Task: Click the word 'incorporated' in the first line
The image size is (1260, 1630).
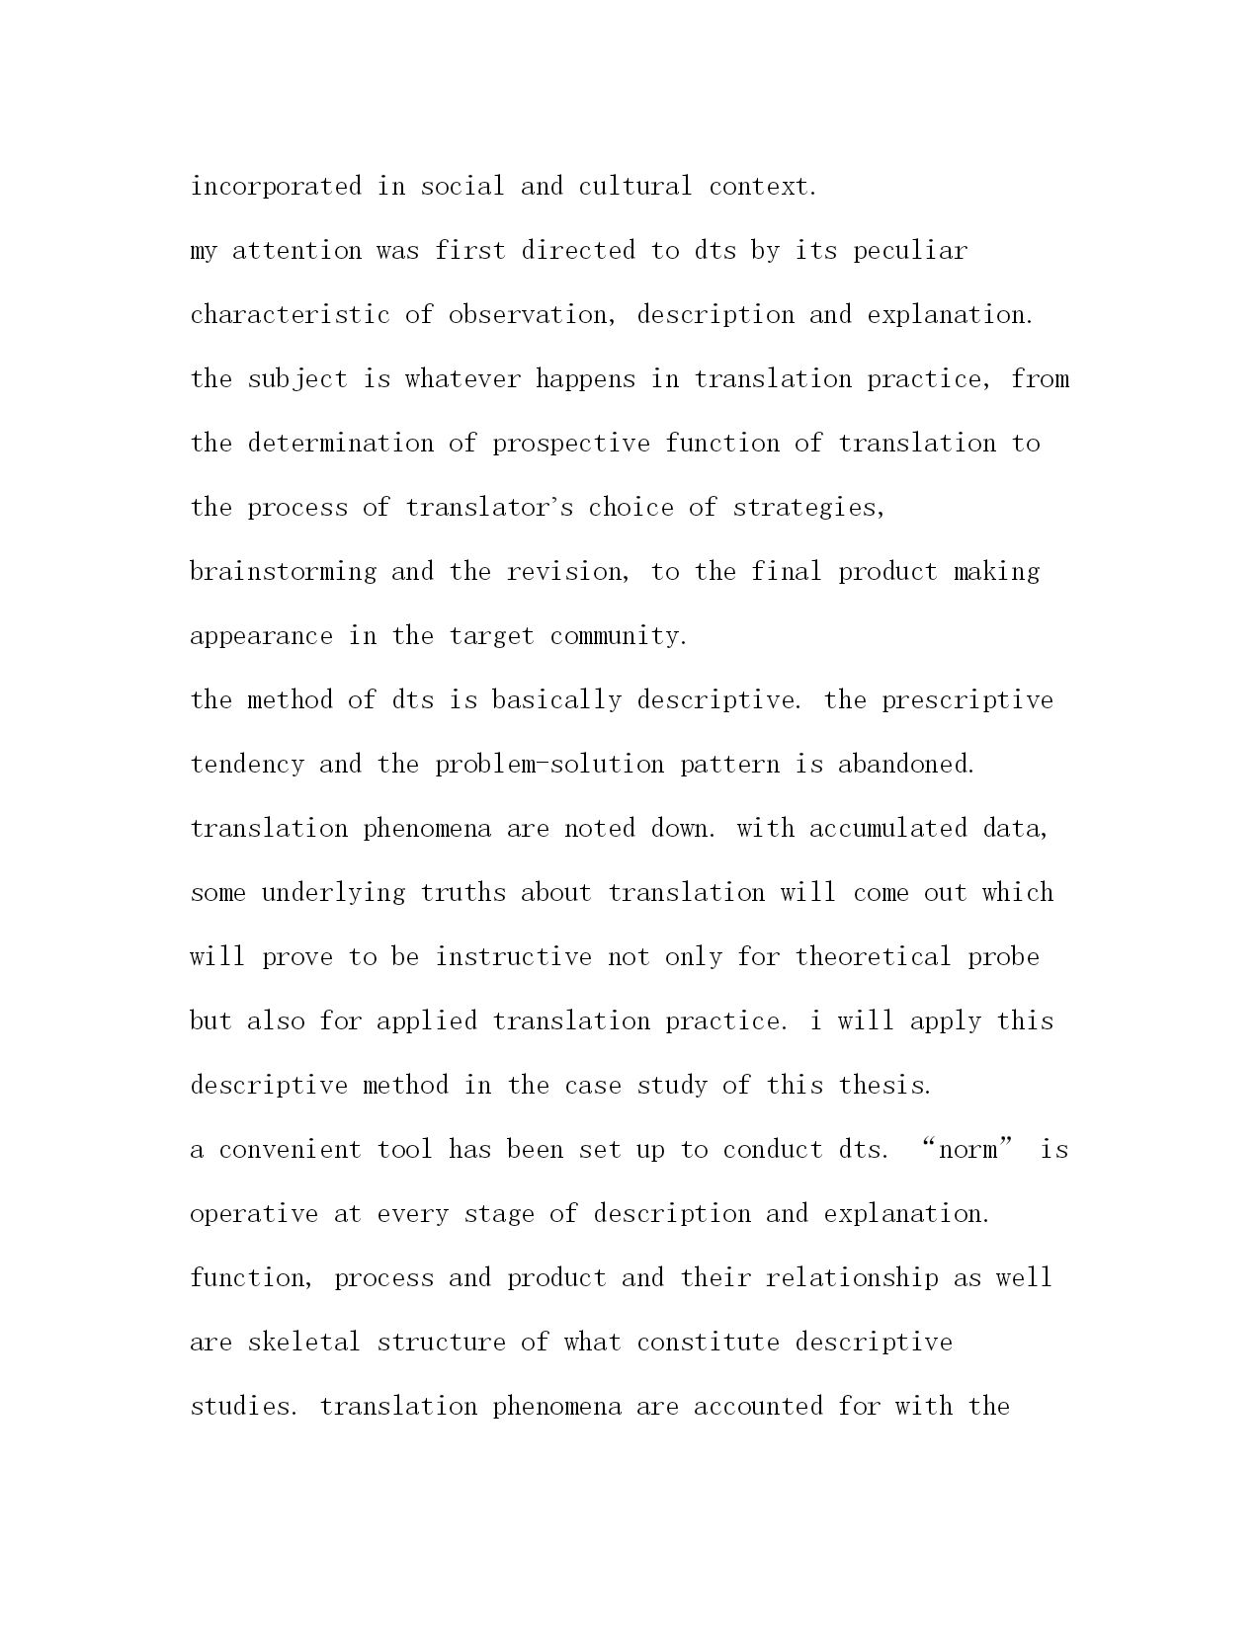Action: (x=276, y=186)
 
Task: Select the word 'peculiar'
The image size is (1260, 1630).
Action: (x=910, y=251)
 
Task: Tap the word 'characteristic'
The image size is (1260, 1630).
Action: (x=290, y=315)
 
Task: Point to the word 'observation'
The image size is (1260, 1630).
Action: (x=534, y=315)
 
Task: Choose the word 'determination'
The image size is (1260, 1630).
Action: (x=340, y=444)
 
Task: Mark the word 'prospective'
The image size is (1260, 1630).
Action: (x=571, y=444)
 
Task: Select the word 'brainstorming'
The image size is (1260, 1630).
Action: (x=283, y=572)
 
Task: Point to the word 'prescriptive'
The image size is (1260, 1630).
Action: (x=967, y=700)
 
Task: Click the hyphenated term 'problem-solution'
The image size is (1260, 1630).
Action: (x=549, y=765)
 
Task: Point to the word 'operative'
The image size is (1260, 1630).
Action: (x=254, y=1214)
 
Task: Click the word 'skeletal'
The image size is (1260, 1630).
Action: (x=303, y=1343)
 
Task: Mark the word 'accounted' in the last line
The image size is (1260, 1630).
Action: (x=758, y=1407)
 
